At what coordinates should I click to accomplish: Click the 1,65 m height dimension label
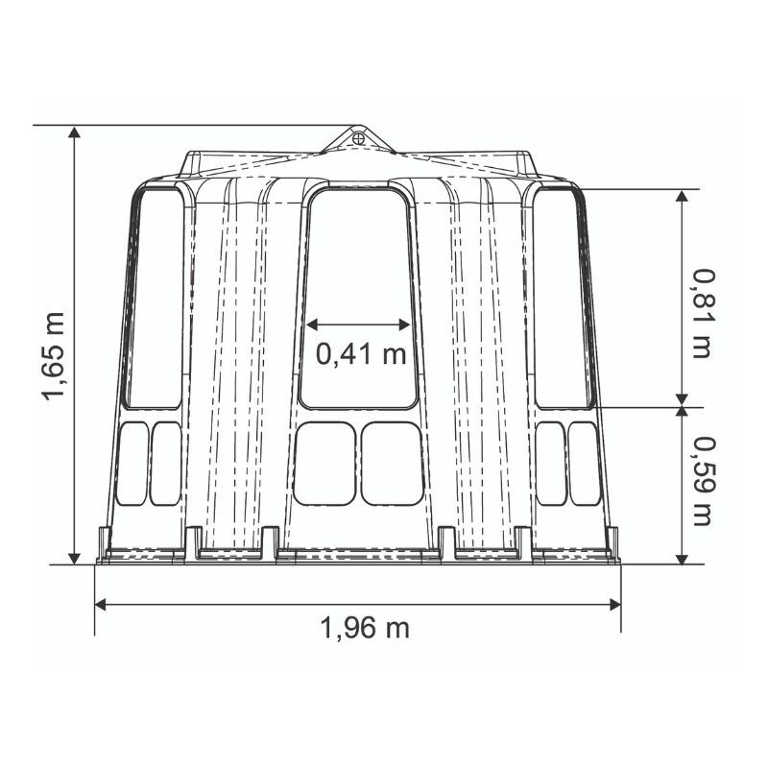pyautogui.click(x=54, y=356)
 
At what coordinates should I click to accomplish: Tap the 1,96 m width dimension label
pyautogui.click(x=365, y=628)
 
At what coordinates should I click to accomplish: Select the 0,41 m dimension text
pyautogui.click(x=361, y=353)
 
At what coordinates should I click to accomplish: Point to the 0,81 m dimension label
pyautogui.click(x=703, y=314)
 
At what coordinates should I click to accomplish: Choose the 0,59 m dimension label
pyautogui.click(x=703, y=481)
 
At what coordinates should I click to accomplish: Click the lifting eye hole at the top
pyautogui.click(x=358, y=138)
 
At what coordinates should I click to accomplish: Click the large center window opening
pyautogui.click(x=359, y=298)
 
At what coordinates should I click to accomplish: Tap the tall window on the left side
pyautogui.click(x=154, y=299)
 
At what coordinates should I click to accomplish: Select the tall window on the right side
pyautogui.click(x=564, y=299)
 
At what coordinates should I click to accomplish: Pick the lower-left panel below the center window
pyautogui.click(x=324, y=464)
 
